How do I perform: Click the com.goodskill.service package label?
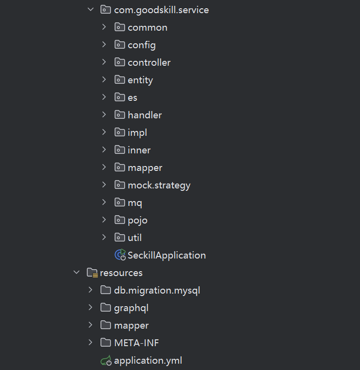161,10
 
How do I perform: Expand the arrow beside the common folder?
104,27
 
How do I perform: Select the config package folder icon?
120,45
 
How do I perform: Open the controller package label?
149,62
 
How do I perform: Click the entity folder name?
140,80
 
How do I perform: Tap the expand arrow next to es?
104,97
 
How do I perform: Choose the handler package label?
145,115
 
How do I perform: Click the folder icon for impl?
120,132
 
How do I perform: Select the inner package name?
139,150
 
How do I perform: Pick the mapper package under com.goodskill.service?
145,167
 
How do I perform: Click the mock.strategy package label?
159,185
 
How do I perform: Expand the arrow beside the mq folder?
104,203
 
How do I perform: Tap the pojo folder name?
137,220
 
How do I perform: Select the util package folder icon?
120,238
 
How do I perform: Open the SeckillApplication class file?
167,255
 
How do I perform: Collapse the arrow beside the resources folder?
76,273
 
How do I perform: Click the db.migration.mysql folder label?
157,290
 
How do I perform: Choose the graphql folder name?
131,308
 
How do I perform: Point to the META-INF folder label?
136,343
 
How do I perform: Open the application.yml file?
148,361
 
